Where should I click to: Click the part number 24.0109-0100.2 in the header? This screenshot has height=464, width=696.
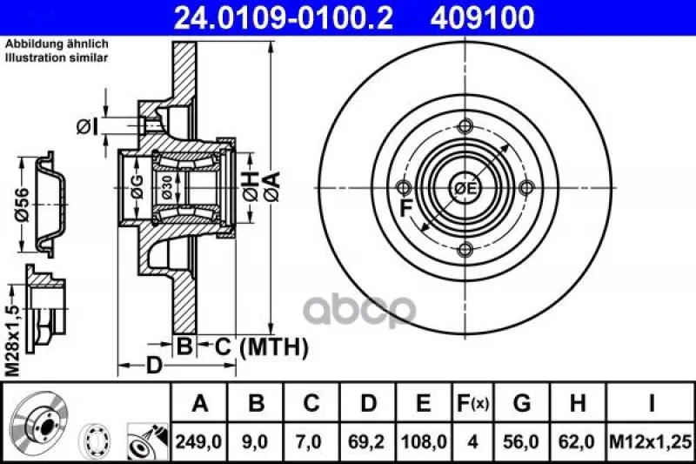[284, 17]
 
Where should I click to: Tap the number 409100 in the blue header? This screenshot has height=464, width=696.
[482, 17]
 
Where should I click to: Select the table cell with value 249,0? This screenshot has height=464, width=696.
[199, 441]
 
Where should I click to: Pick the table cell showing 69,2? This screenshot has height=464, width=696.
[367, 441]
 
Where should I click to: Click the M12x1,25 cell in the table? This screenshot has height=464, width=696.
[650, 441]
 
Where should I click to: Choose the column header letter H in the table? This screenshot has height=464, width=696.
[578, 403]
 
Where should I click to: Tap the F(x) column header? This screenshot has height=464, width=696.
[472, 403]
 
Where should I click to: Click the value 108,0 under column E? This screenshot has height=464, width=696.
[424, 441]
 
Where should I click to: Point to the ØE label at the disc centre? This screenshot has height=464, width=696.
[465, 188]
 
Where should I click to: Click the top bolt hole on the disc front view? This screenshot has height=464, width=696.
[465, 126]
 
